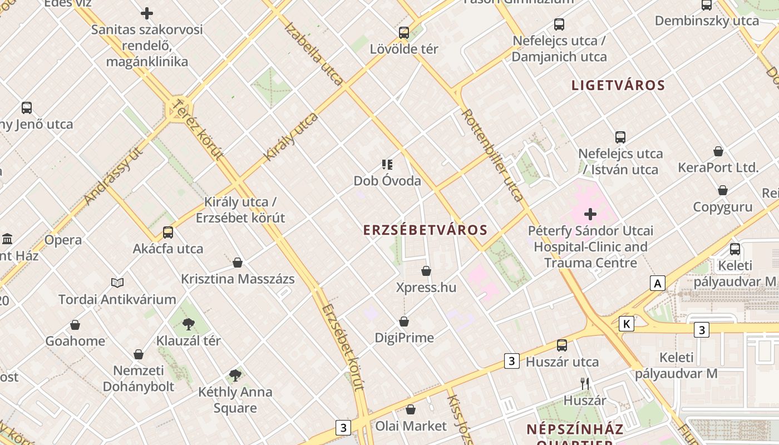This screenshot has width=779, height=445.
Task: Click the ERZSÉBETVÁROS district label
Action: [425, 230]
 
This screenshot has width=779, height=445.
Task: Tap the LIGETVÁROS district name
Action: [618, 85]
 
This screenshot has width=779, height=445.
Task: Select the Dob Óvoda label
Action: [387, 181]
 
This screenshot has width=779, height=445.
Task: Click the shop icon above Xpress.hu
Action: [426, 271]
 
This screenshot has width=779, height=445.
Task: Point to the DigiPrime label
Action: [404, 338]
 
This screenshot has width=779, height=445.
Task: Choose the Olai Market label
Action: [411, 426]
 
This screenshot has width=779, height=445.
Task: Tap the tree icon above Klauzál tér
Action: [189, 324]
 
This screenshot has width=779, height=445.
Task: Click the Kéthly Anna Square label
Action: [235, 400]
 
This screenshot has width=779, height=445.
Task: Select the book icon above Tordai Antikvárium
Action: [117, 283]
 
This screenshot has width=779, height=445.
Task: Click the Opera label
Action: [63, 240]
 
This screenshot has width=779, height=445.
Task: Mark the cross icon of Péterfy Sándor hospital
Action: [590, 214]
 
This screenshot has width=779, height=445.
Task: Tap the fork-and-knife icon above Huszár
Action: [584, 383]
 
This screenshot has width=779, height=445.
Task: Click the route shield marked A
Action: [658, 284]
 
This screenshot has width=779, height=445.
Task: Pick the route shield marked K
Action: [627, 324]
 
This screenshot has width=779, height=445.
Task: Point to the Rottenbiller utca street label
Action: [492, 154]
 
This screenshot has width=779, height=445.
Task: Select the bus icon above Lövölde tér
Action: [404, 33]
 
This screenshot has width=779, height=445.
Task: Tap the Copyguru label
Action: [722, 207]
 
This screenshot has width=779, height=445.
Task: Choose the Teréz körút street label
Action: [198, 129]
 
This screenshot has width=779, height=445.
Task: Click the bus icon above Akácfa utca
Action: [168, 233]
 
